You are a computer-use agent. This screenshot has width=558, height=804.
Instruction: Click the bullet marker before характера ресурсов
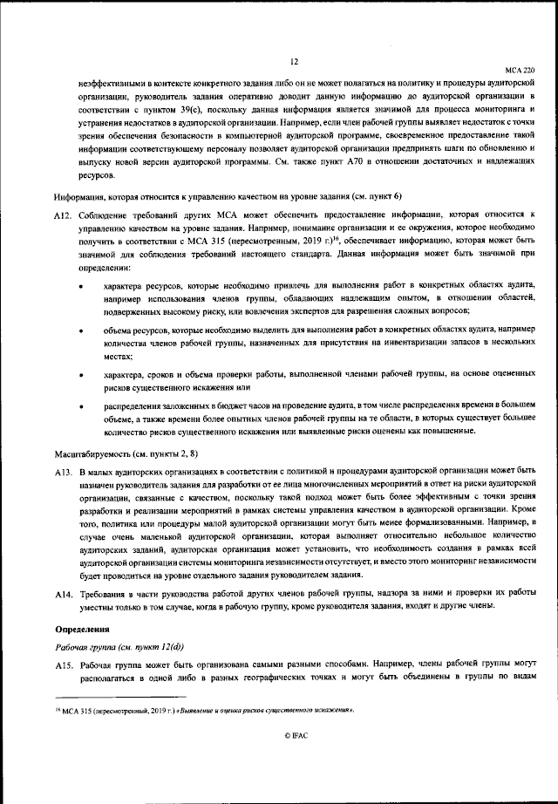click(x=81, y=286)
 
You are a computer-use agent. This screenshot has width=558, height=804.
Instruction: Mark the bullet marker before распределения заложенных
click(x=81, y=407)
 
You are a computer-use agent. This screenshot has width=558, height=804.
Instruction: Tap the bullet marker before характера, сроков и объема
click(x=81, y=375)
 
